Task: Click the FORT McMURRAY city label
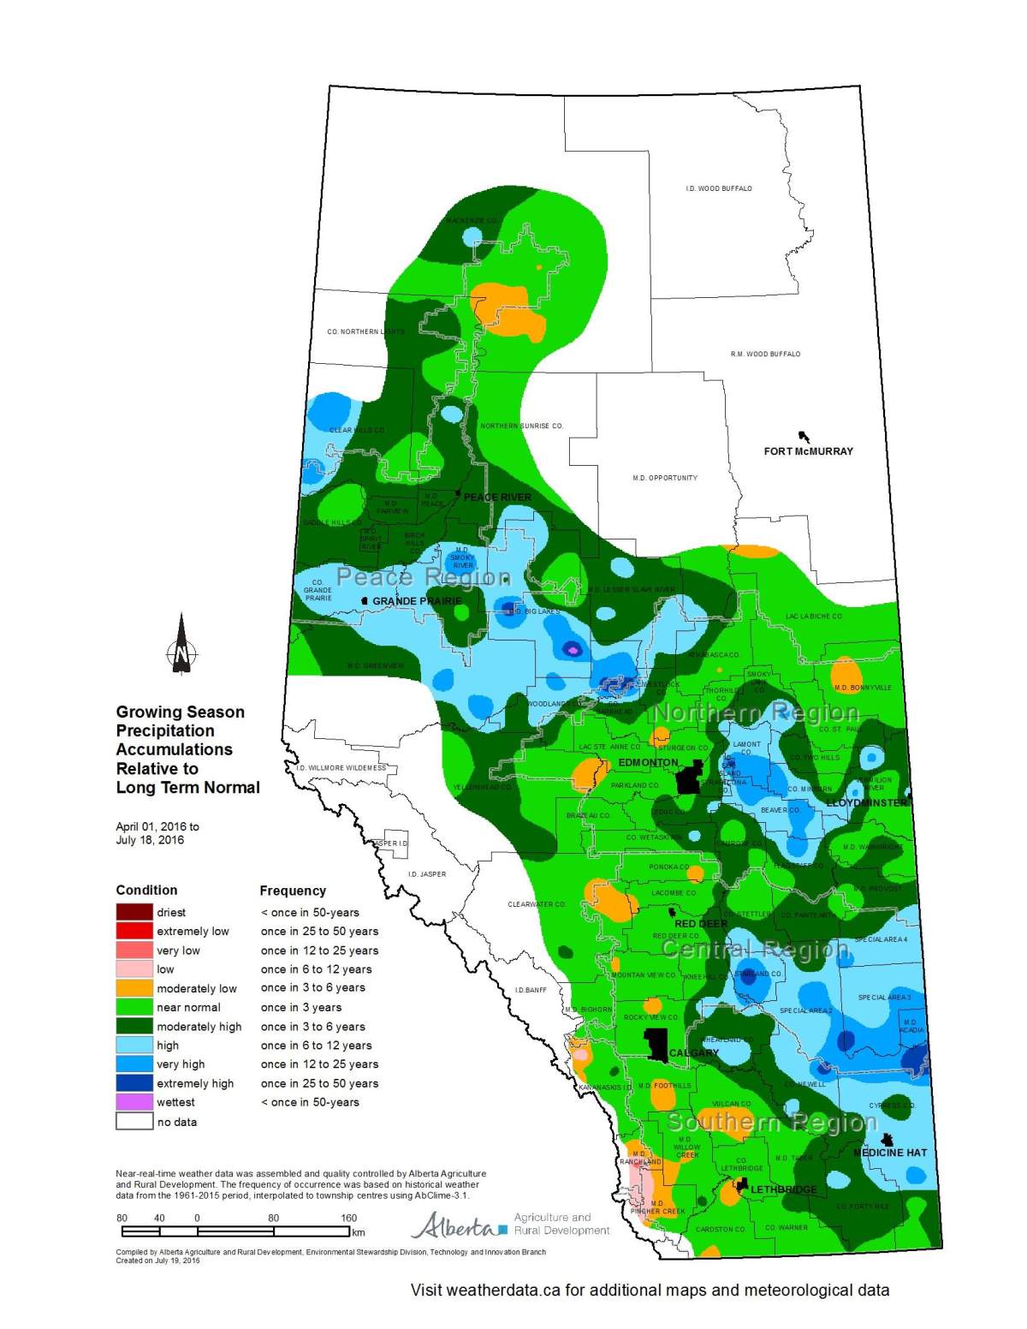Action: coord(808,451)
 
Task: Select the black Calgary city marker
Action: coord(656,1045)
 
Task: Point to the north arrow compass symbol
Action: coord(181,644)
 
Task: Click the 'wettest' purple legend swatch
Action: coord(134,1102)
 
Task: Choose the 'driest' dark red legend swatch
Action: coord(134,912)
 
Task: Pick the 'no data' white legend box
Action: coord(134,1122)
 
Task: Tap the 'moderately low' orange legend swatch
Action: coord(134,988)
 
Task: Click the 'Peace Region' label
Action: coord(424,577)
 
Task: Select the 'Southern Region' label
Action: coord(772,1122)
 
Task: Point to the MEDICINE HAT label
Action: coord(890,1153)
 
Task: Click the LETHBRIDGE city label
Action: coord(783,1189)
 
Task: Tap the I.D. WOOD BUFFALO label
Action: coord(719,188)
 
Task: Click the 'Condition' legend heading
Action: coord(146,891)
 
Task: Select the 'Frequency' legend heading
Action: coord(293,891)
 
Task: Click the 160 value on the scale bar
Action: coord(348,1218)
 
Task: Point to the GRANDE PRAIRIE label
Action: coord(417,601)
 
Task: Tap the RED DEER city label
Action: coord(701,924)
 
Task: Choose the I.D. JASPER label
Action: coord(426,874)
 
